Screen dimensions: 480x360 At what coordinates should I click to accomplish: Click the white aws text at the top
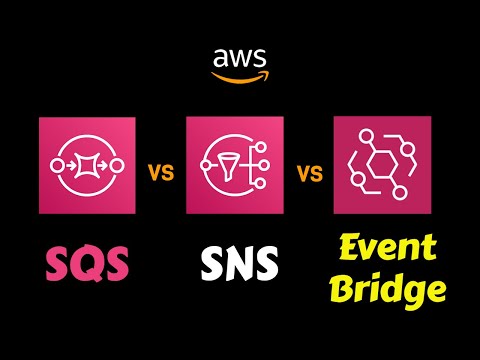click(239, 56)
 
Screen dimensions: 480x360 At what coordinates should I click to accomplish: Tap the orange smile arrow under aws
click(240, 72)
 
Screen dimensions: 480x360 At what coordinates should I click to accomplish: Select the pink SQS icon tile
click(87, 164)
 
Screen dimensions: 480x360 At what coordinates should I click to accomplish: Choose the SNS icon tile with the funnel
click(235, 164)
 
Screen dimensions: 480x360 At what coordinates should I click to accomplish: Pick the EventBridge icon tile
click(382, 164)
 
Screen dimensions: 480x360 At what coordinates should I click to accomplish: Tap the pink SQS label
click(86, 265)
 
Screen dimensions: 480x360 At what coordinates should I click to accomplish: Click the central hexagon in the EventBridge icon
click(381, 166)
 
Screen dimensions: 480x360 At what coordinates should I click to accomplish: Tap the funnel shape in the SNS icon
click(227, 163)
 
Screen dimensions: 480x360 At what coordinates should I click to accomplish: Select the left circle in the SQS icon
click(56, 163)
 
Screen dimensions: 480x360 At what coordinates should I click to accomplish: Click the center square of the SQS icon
click(87, 163)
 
